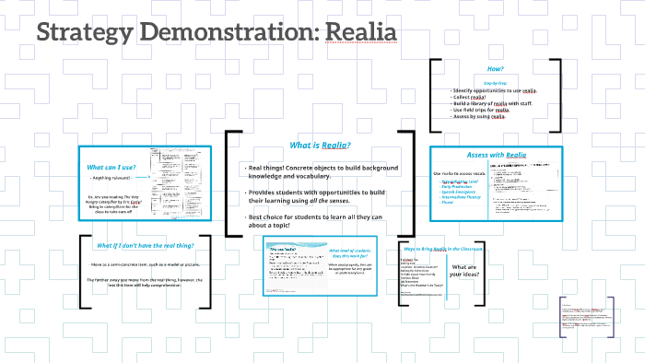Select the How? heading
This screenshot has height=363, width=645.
(x=495, y=69)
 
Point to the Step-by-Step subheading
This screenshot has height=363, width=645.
(x=495, y=82)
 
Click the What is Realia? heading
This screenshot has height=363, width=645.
(x=321, y=145)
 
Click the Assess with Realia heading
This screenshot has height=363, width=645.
(x=495, y=157)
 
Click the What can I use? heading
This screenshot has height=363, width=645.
(x=111, y=166)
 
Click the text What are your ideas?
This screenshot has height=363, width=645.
(x=464, y=272)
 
